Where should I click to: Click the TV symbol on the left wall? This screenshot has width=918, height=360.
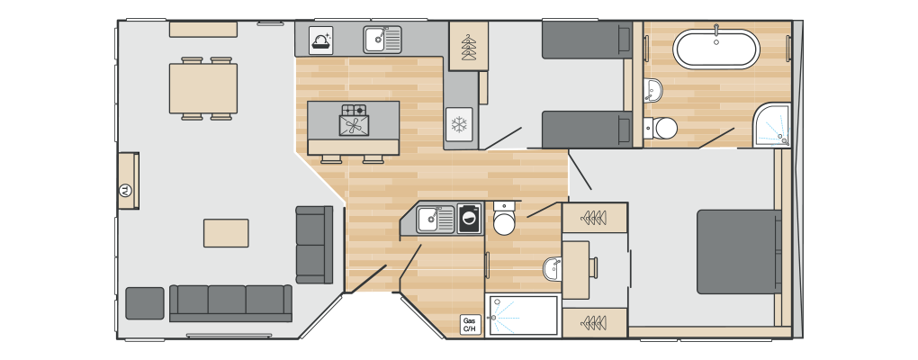click(x=124, y=190)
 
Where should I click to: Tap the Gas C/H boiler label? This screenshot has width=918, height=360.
click(x=470, y=325)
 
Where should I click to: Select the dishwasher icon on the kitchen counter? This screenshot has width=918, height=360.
click(x=320, y=40)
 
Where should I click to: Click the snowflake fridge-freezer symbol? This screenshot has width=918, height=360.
click(x=458, y=124)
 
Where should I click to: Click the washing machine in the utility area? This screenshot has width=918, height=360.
click(x=470, y=219)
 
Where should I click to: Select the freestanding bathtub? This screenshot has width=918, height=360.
click(x=716, y=49)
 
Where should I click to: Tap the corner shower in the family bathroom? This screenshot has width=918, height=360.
click(x=772, y=125)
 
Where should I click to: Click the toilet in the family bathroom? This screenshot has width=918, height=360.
click(x=661, y=128)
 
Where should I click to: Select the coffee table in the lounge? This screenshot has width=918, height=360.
click(x=226, y=233)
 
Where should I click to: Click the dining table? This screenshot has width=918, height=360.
click(x=203, y=88)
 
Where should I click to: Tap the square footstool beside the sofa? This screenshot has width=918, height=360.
click(x=145, y=303)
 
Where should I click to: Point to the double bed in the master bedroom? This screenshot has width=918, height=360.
click(x=739, y=252)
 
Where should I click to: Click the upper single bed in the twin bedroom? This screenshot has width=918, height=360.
click(x=587, y=40)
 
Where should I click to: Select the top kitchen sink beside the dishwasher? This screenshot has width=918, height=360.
click(x=382, y=40)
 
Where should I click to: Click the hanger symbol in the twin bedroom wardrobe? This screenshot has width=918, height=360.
click(x=468, y=47)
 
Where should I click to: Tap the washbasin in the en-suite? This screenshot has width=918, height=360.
click(x=552, y=268)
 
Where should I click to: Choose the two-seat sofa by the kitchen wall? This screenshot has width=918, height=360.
click(x=314, y=245)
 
